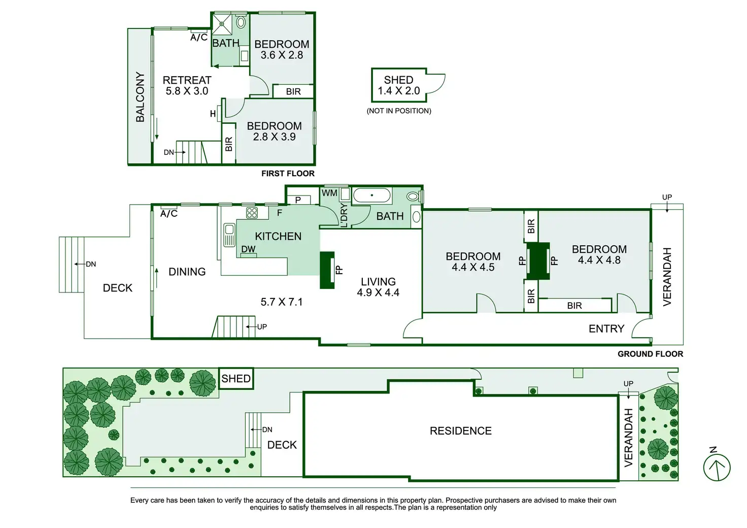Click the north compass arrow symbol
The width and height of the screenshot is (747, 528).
(717, 467)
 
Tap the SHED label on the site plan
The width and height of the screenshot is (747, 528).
(236, 379)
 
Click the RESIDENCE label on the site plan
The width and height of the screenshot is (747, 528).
(460, 431)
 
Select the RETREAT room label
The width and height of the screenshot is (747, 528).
(187, 80)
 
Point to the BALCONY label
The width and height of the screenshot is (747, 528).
(140, 97)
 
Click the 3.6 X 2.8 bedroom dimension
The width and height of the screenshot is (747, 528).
(282, 55)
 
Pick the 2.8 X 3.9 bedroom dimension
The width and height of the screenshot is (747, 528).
(274, 137)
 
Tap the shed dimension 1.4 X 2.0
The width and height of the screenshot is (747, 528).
(398, 91)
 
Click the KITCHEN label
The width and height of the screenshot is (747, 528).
(278, 237)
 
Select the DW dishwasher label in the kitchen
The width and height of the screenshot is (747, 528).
(248, 249)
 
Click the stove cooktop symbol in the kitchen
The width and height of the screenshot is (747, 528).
(252, 213)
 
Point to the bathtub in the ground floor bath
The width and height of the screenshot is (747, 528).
(372, 195)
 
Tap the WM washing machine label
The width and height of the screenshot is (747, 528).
(329, 193)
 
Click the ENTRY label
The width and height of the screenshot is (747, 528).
(606, 329)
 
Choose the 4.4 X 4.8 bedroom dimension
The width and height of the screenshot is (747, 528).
(599, 260)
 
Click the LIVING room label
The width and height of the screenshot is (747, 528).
(378, 282)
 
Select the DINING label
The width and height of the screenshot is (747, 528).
(187, 272)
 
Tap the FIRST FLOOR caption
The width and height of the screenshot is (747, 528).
(288, 174)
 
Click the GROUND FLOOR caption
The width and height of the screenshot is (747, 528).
(650, 354)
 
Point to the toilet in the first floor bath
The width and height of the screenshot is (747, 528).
(241, 23)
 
